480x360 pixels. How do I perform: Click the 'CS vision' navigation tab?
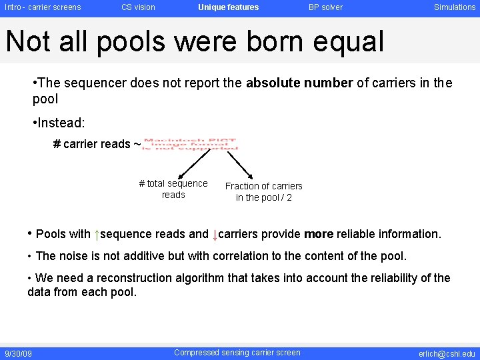point(138,7)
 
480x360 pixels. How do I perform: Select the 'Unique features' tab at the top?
point(228,7)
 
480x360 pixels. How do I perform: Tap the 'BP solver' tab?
point(325,7)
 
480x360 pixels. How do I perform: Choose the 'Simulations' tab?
point(455,7)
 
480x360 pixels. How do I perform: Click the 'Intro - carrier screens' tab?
point(43,7)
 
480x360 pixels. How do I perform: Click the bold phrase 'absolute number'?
point(299,83)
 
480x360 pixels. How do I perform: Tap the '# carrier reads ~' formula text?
point(97,144)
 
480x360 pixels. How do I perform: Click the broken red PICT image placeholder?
point(191,144)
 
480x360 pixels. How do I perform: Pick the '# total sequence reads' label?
point(173,189)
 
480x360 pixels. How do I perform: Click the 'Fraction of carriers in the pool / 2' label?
point(263,191)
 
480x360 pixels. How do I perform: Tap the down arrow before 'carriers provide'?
point(215,235)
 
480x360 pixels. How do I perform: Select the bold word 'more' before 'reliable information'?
point(319,234)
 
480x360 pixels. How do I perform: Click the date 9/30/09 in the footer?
point(18,353)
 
